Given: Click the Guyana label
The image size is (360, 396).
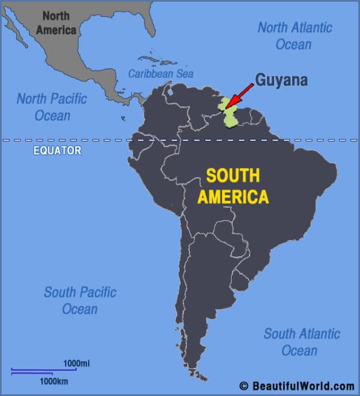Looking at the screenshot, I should click(281, 80).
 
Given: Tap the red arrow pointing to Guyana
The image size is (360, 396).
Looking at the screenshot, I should click(239, 95).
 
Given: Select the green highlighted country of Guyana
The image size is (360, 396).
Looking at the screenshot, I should click(231, 115).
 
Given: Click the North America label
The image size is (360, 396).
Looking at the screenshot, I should click(56, 23).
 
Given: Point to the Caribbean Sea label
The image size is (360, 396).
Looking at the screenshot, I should click(161, 74).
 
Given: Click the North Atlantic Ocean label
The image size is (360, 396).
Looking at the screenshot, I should click(294, 35).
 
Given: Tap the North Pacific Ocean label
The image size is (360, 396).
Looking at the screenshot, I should click(52, 107).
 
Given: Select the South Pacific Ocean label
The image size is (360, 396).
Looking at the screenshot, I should click(79, 301).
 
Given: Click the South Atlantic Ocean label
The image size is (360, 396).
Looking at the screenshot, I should click(302, 341).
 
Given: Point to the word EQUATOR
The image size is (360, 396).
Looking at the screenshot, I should click(57, 151).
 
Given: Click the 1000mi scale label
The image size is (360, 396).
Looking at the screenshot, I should click(77, 363).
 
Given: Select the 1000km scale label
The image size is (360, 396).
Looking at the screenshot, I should click(54, 381).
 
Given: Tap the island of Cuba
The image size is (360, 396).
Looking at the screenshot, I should click(150, 59).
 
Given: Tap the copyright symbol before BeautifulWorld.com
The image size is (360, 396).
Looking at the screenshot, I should click(244, 386).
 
